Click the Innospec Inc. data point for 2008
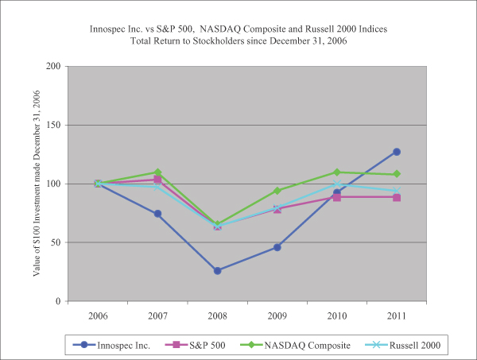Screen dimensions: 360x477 click(218, 271)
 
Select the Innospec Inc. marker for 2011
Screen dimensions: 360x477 click(397, 152)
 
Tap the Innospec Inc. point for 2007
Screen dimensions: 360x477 click(158, 214)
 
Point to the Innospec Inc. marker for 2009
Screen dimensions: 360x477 click(277, 247)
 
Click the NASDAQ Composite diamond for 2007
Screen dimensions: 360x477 click(158, 172)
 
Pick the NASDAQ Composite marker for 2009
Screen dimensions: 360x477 click(277, 191)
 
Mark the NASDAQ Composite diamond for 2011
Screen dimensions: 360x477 click(397, 174)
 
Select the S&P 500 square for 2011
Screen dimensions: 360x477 click(397, 197)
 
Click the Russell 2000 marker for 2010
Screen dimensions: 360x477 click(337, 184)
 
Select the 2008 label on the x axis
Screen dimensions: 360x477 click(218, 315)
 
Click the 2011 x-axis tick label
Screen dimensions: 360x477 click(397, 315)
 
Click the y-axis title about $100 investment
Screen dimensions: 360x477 click(36, 184)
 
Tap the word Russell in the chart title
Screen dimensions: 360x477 click(324, 29)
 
